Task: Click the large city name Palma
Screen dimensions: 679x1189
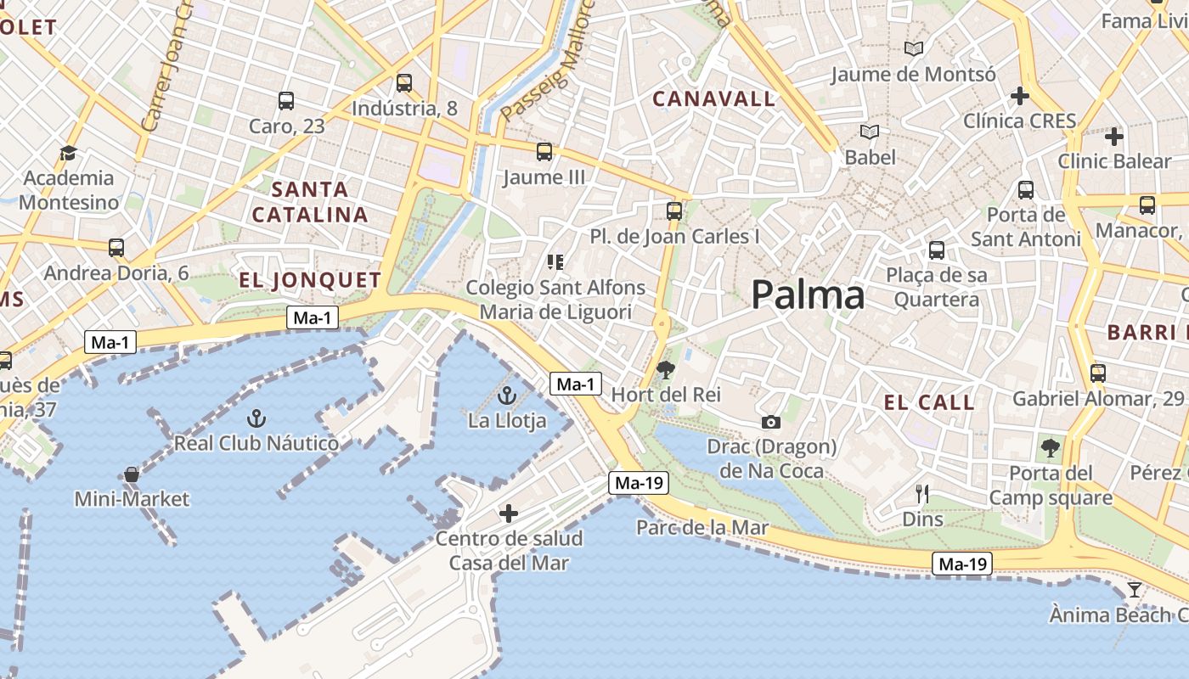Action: [x=808, y=295]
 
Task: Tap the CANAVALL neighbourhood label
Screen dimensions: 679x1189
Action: [x=713, y=99]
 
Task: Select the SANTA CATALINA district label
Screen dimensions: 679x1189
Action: [x=310, y=202]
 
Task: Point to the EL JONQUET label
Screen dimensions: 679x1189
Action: [x=310, y=280]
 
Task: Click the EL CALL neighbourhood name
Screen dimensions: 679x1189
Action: [x=929, y=402]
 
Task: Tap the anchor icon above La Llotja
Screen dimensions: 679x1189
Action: [x=507, y=396]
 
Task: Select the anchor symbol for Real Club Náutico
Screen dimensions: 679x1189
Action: [x=256, y=418]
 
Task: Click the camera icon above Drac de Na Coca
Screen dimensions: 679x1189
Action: [x=770, y=422]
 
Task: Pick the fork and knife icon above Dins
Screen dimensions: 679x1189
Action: [x=922, y=493]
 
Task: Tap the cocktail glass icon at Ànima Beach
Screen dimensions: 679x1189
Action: [x=1134, y=589]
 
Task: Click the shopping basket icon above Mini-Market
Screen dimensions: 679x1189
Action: [x=132, y=474]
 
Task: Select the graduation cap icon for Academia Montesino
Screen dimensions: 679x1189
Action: [x=68, y=153]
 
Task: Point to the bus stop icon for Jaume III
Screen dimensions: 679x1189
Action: [x=544, y=152]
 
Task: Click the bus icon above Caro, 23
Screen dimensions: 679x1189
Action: [x=286, y=101]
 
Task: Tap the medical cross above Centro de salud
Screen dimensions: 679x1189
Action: [x=509, y=513]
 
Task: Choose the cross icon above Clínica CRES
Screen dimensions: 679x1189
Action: [x=1020, y=96]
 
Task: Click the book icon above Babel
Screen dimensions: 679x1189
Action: [x=870, y=132]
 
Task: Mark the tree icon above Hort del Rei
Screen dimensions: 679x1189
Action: [x=666, y=369]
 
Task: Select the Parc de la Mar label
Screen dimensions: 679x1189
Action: [x=702, y=528]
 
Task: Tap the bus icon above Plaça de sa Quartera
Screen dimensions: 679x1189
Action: [x=937, y=250]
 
